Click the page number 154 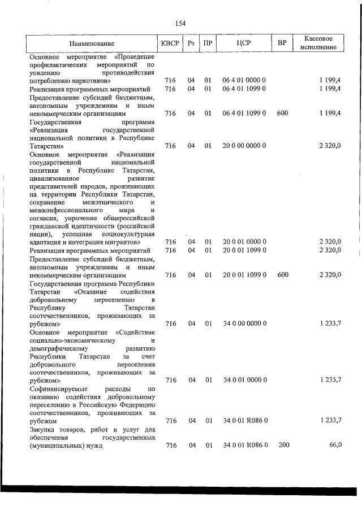click(x=180, y=23)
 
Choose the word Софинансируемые click(x=58, y=390)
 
